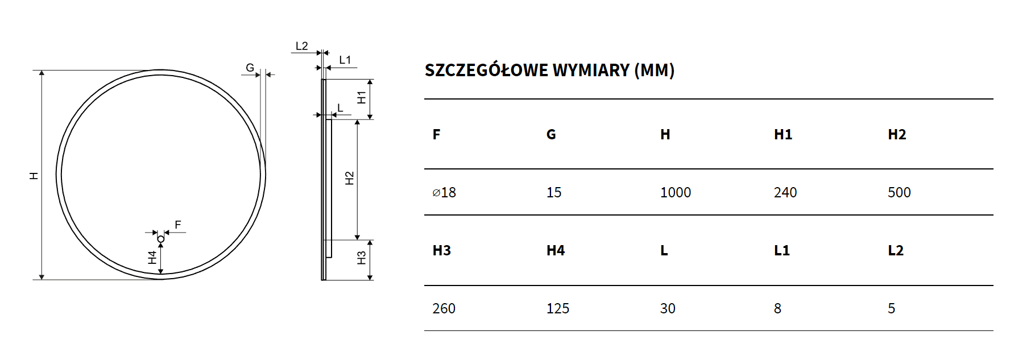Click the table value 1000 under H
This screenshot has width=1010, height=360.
675,193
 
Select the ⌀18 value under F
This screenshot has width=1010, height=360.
444,193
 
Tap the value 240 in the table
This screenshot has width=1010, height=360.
785,193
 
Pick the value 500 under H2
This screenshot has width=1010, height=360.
899,193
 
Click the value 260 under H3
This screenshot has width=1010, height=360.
444,309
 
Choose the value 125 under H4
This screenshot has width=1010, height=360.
557,309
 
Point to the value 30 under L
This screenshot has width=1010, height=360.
668,309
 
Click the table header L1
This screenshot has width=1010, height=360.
781,251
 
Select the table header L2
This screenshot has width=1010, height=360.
895,251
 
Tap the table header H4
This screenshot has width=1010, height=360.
555,251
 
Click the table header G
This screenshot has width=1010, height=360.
551,135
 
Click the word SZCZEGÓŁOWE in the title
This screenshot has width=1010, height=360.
486,71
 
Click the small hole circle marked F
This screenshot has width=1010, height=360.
161,239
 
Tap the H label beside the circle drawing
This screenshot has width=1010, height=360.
34,176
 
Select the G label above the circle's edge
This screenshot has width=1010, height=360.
250,68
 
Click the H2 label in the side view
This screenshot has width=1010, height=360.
350,179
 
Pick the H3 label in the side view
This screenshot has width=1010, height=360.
362,258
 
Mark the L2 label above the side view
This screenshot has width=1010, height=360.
301,46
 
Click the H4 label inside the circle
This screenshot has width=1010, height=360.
152,258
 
